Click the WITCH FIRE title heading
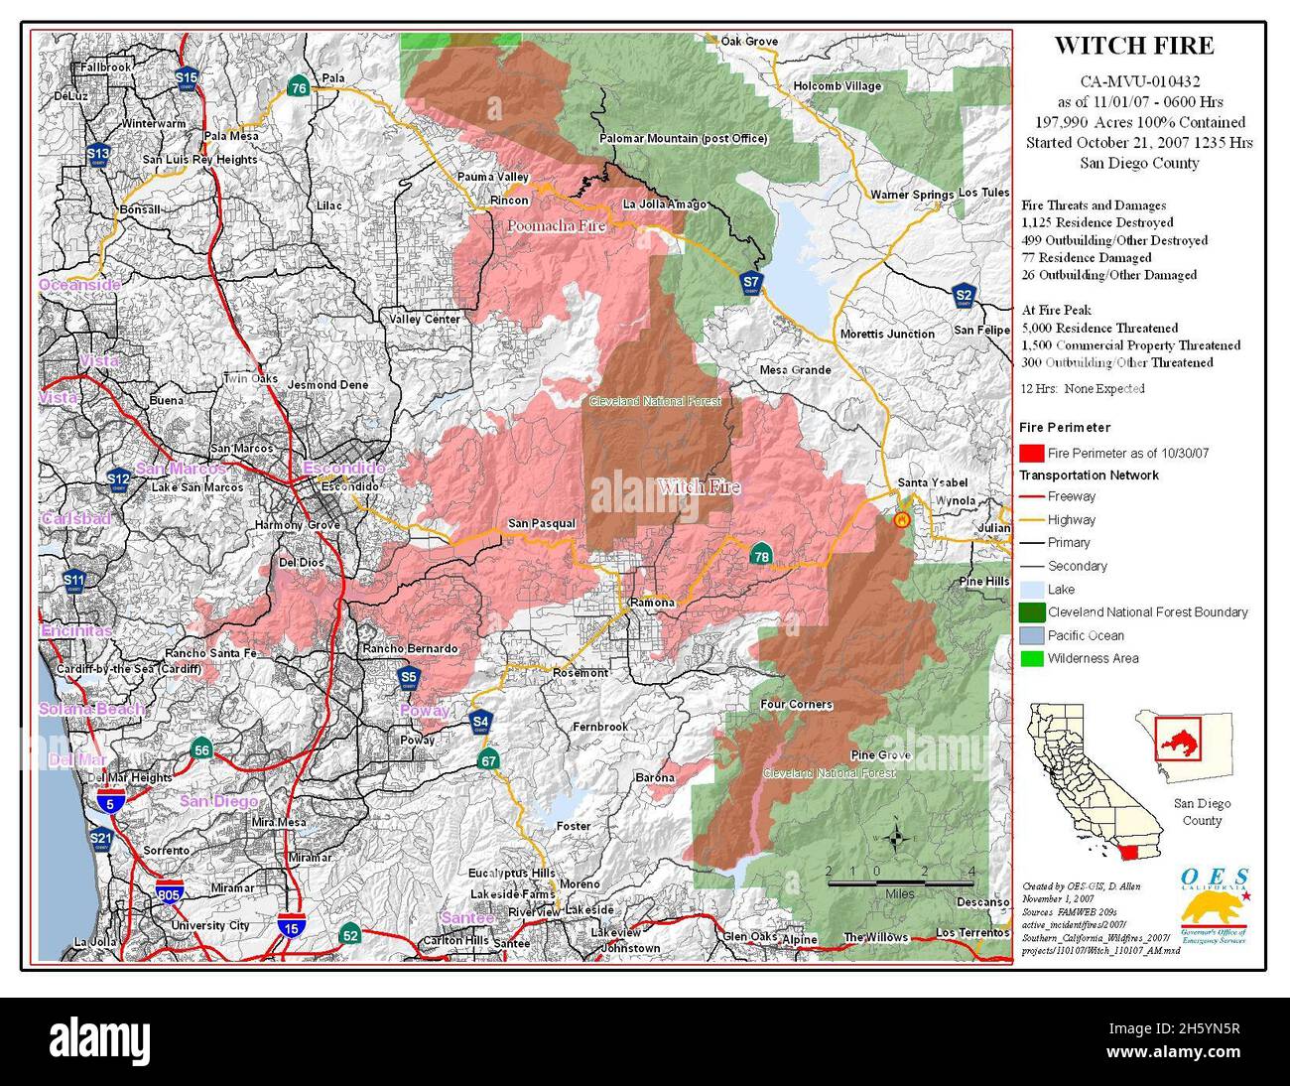pyautogui.click(x=1133, y=46)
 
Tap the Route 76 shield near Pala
pyautogui.click(x=298, y=87)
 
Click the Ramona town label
pyautogui.click(x=652, y=603)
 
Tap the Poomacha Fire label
pyautogui.click(x=556, y=226)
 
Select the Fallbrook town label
pyautogui.click(x=107, y=67)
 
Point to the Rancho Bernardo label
pyautogui.click(x=410, y=648)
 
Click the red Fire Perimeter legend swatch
pyautogui.click(x=1031, y=454)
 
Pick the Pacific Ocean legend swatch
pyautogui.click(x=1031, y=635)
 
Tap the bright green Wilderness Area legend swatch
pyautogui.click(x=1031, y=658)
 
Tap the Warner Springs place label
pyautogui.click(x=912, y=195)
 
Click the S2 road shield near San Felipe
pyautogui.click(x=964, y=295)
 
